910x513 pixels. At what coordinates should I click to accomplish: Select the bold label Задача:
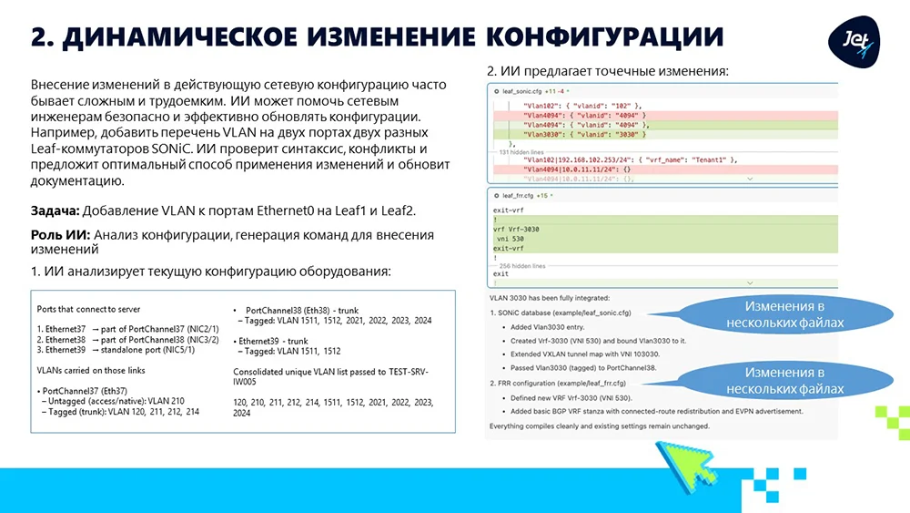click(55, 211)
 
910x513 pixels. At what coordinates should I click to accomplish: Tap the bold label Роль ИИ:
click(60, 235)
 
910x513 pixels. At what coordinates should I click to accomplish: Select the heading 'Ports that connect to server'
click(88, 309)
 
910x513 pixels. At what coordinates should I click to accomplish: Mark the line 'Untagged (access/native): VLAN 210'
click(114, 400)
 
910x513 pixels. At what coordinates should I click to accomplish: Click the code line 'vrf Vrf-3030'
click(519, 229)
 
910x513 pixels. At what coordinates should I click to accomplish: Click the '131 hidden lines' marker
click(522, 151)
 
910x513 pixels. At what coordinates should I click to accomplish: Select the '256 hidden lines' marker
click(522, 265)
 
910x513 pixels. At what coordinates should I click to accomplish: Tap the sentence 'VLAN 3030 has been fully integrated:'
click(549, 298)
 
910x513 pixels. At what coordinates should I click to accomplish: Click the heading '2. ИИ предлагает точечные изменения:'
click(608, 71)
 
